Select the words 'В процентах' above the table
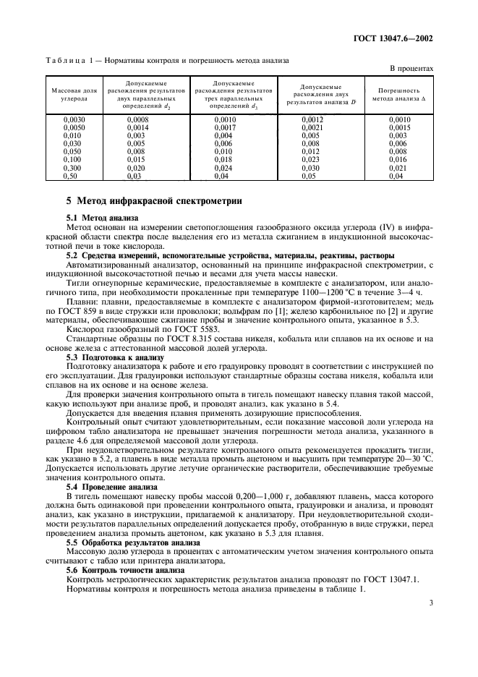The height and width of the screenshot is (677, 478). (411, 68)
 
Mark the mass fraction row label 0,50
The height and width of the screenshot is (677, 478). (71, 175)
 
